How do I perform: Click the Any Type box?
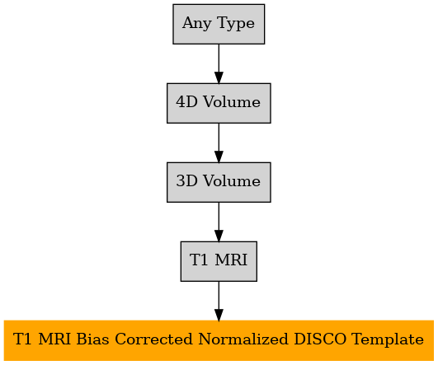click(219, 24)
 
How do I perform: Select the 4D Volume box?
click(219, 103)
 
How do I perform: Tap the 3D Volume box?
click(219, 182)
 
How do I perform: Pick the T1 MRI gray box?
click(219, 261)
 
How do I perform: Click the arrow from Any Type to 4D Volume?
click(219, 63)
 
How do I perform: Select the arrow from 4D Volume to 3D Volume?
click(219, 143)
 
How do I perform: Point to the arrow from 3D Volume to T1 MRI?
click(219, 222)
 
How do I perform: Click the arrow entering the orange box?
click(219, 301)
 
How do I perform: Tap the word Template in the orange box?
click(388, 340)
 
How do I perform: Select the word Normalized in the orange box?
click(243, 339)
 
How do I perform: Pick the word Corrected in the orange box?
click(153, 339)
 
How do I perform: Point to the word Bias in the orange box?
click(92, 339)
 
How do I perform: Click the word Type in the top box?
click(235, 24)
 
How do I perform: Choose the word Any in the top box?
click(196, 24)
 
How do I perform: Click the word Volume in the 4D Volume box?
click(232, 102)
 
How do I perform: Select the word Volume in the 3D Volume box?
click(232, 181)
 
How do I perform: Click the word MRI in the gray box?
click(231, 260)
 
